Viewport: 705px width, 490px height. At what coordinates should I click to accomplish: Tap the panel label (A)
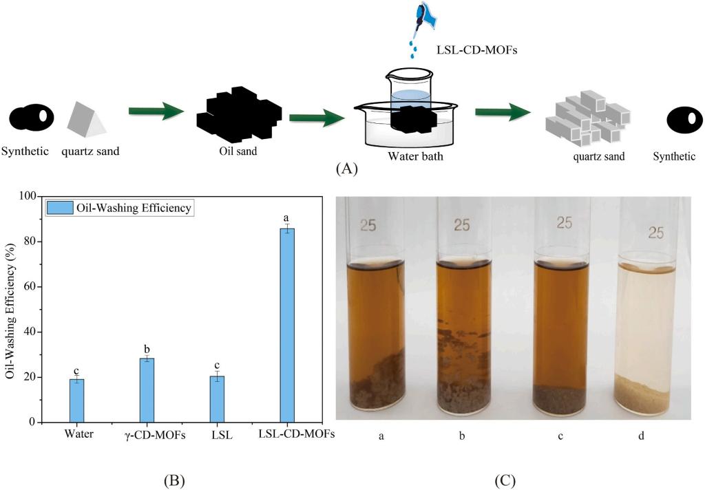pyautogui.click(x=346, y=168)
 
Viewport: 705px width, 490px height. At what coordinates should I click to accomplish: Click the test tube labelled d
pyautogui.click(x=649, y=310)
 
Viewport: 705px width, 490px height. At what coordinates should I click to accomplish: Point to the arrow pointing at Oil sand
pyautogui.click(x=157, y=112)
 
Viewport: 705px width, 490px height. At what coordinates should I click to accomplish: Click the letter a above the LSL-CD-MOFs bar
pyautogui.click(x=286, y=218)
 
